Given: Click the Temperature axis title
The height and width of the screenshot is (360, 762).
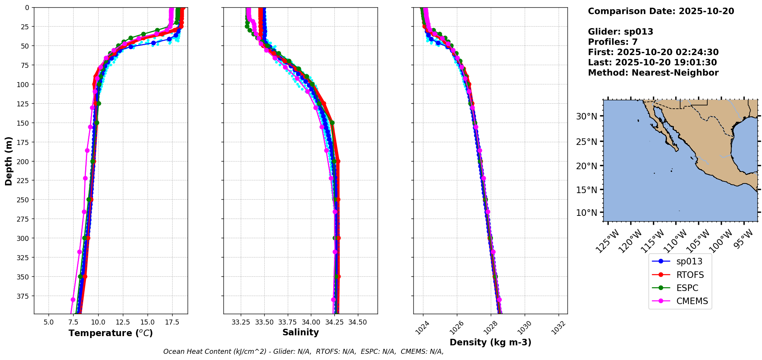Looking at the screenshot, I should (111, 333).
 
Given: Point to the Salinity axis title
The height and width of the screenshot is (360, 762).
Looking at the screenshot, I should (300, 332).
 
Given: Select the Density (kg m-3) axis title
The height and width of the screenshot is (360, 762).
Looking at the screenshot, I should (490, 342).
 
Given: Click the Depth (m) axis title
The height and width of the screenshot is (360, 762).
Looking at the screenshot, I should (8, 161).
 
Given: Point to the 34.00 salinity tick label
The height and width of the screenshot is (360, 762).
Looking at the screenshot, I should (311, 322).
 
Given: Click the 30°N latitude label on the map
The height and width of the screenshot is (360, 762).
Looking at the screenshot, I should (586, 116).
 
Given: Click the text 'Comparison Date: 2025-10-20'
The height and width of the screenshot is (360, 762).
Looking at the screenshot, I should (661, 11).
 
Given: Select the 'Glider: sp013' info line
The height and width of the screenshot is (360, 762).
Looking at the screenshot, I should (620, 32).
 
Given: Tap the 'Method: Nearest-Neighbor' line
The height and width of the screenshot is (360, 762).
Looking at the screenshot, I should (653, 73).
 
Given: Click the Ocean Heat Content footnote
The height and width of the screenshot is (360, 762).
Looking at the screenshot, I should (303, 352).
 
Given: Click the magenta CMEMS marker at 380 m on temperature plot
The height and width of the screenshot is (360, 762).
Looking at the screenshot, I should (73, 299).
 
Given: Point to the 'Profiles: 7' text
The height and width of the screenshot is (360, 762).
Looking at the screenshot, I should (613, 42).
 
